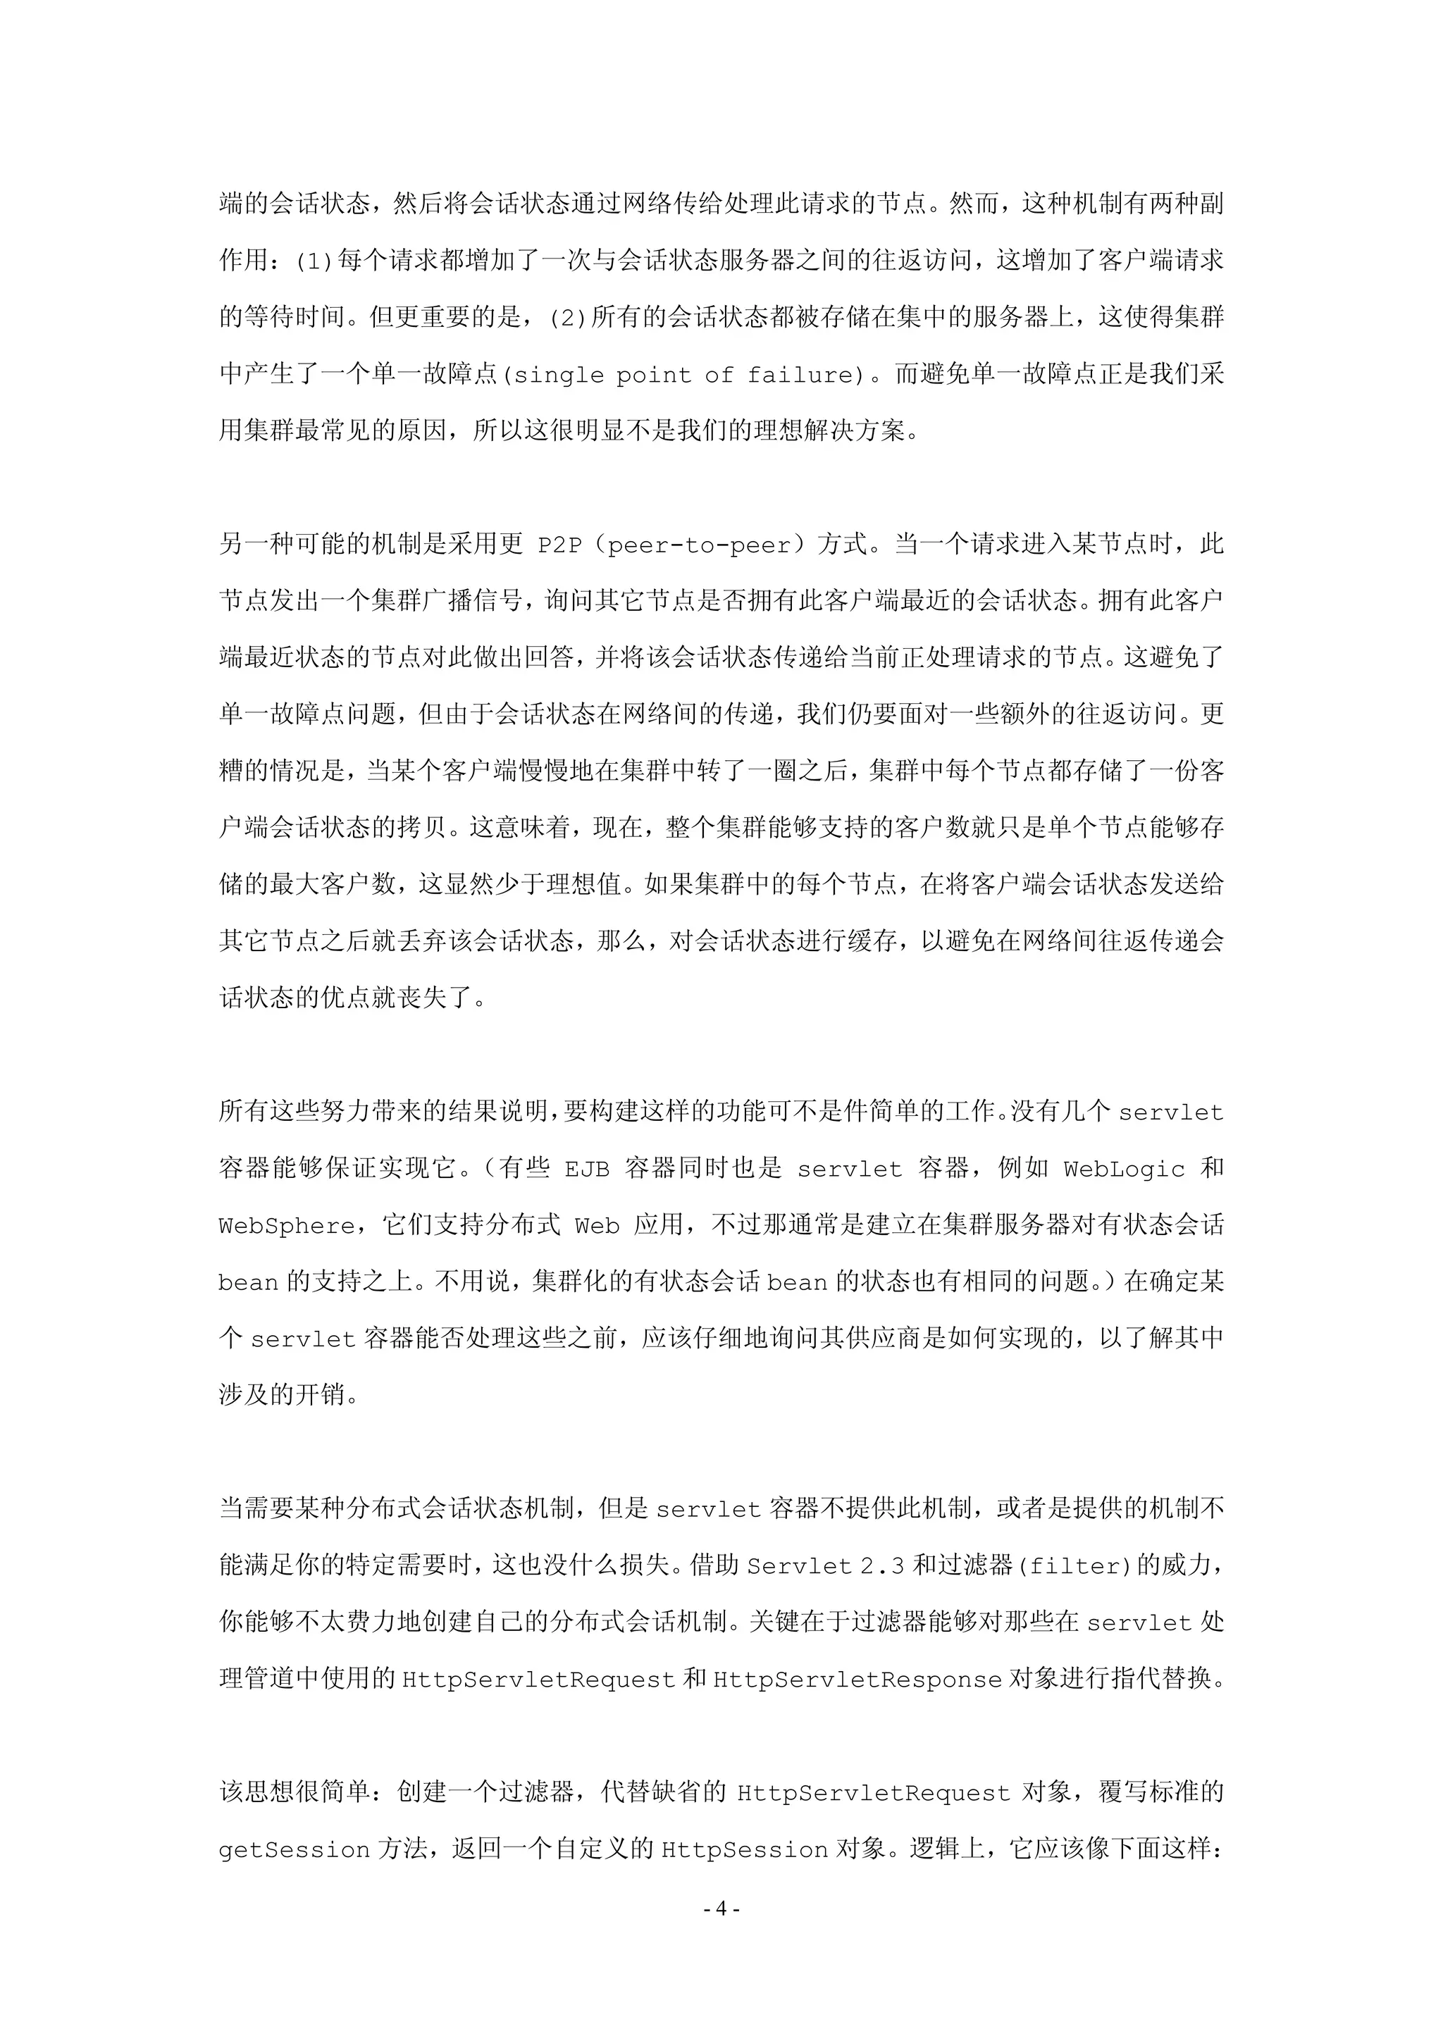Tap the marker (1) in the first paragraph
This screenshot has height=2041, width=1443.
point(314,261)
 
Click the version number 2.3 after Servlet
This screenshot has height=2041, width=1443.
point(882,1565)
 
